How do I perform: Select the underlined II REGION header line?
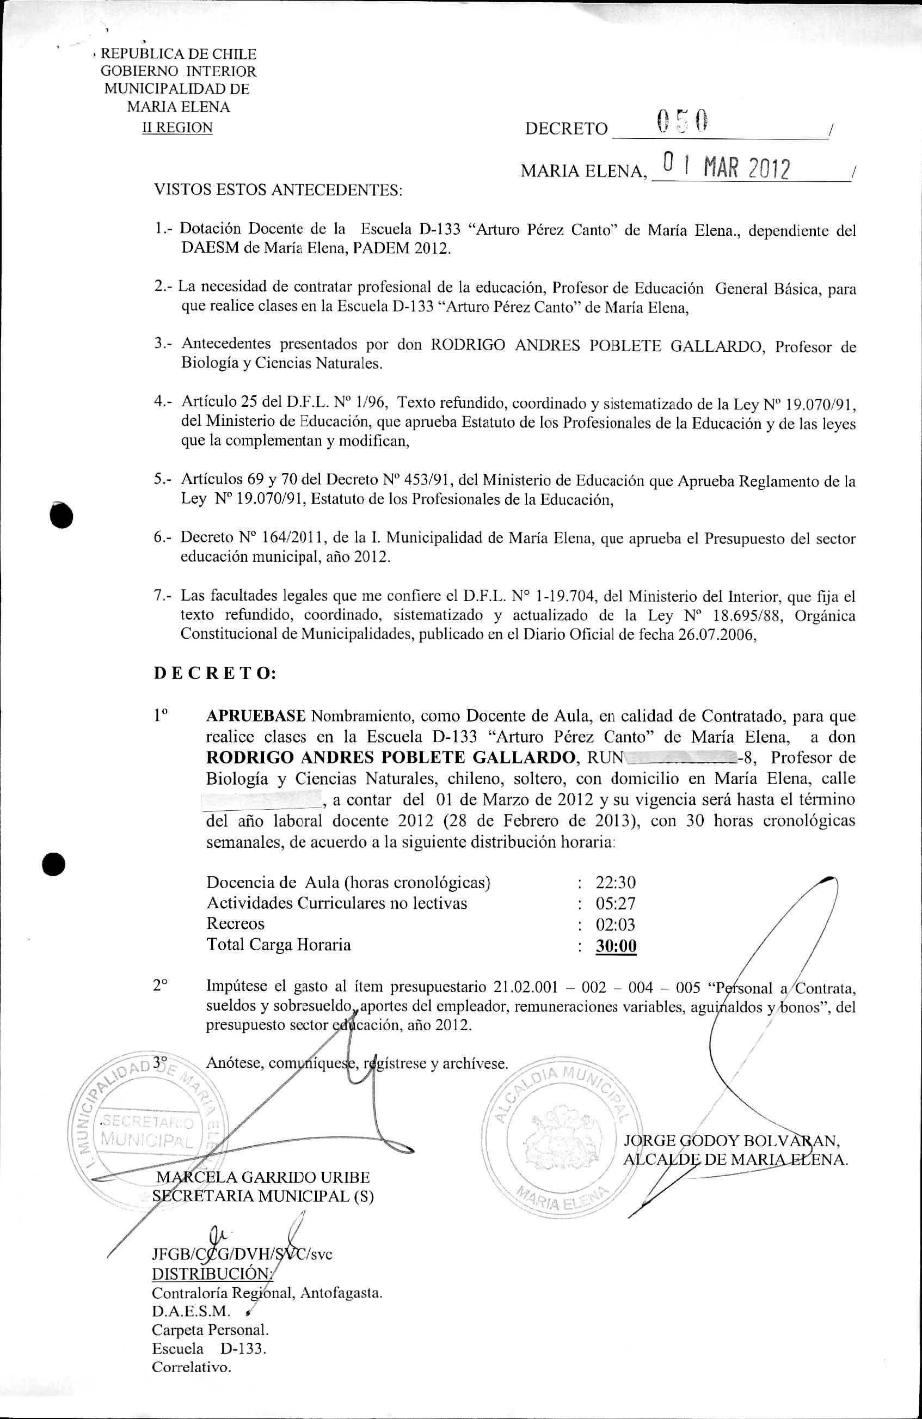pos(177,127)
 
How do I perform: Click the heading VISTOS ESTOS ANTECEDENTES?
pos(278,190)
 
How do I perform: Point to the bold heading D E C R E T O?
pos(214,673)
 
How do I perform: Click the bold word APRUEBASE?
pos(256,715)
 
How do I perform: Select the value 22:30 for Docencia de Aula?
pos(616,882)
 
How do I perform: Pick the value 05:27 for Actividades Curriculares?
pos(616,903)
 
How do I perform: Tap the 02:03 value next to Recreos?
pos(616,924)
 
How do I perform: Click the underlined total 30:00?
pos(616,946)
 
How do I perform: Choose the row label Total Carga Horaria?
pos(278,944)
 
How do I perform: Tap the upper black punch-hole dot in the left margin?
pos(62,515)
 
